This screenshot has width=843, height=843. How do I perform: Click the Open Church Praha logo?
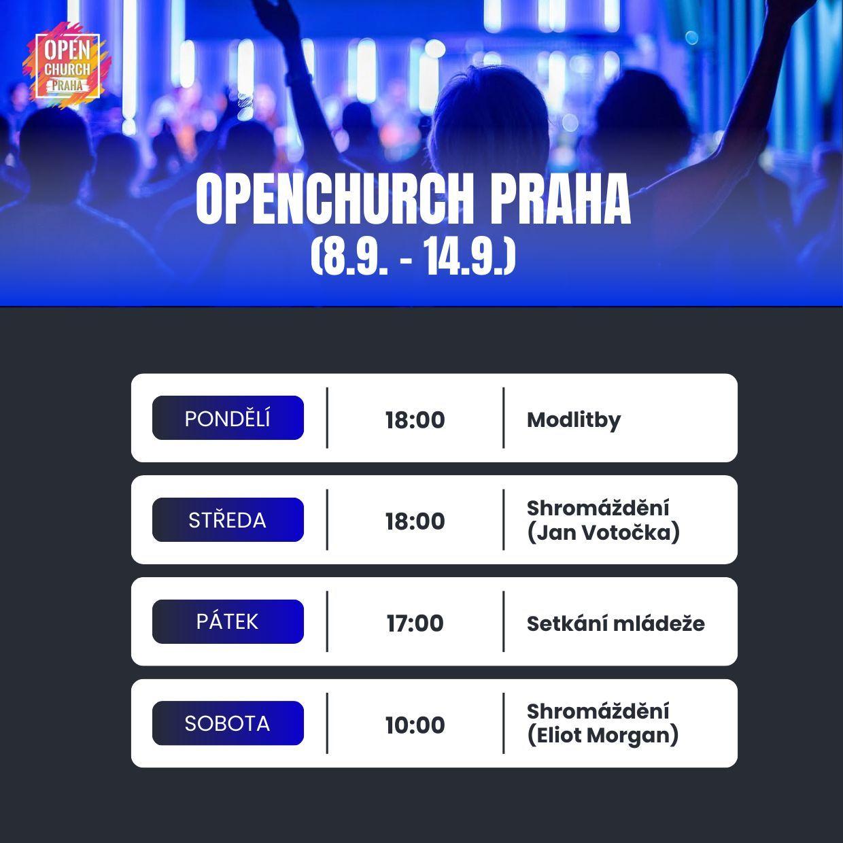67,66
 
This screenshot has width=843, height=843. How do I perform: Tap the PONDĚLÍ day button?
228,418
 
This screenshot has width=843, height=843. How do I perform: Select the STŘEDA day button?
228,519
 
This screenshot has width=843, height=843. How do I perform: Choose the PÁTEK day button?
228,621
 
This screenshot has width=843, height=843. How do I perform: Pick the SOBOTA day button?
228,723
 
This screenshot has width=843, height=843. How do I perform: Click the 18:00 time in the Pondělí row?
415,420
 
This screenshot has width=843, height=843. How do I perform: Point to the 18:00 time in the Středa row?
415,521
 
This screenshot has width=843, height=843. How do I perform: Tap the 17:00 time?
415,623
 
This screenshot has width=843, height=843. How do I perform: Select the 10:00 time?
415,725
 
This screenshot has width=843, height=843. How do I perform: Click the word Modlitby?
574,421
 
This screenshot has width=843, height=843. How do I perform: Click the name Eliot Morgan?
603,736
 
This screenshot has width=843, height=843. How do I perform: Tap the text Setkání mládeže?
616,624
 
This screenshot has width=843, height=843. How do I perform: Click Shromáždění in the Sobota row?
598,712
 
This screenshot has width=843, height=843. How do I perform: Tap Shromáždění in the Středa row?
598,509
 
